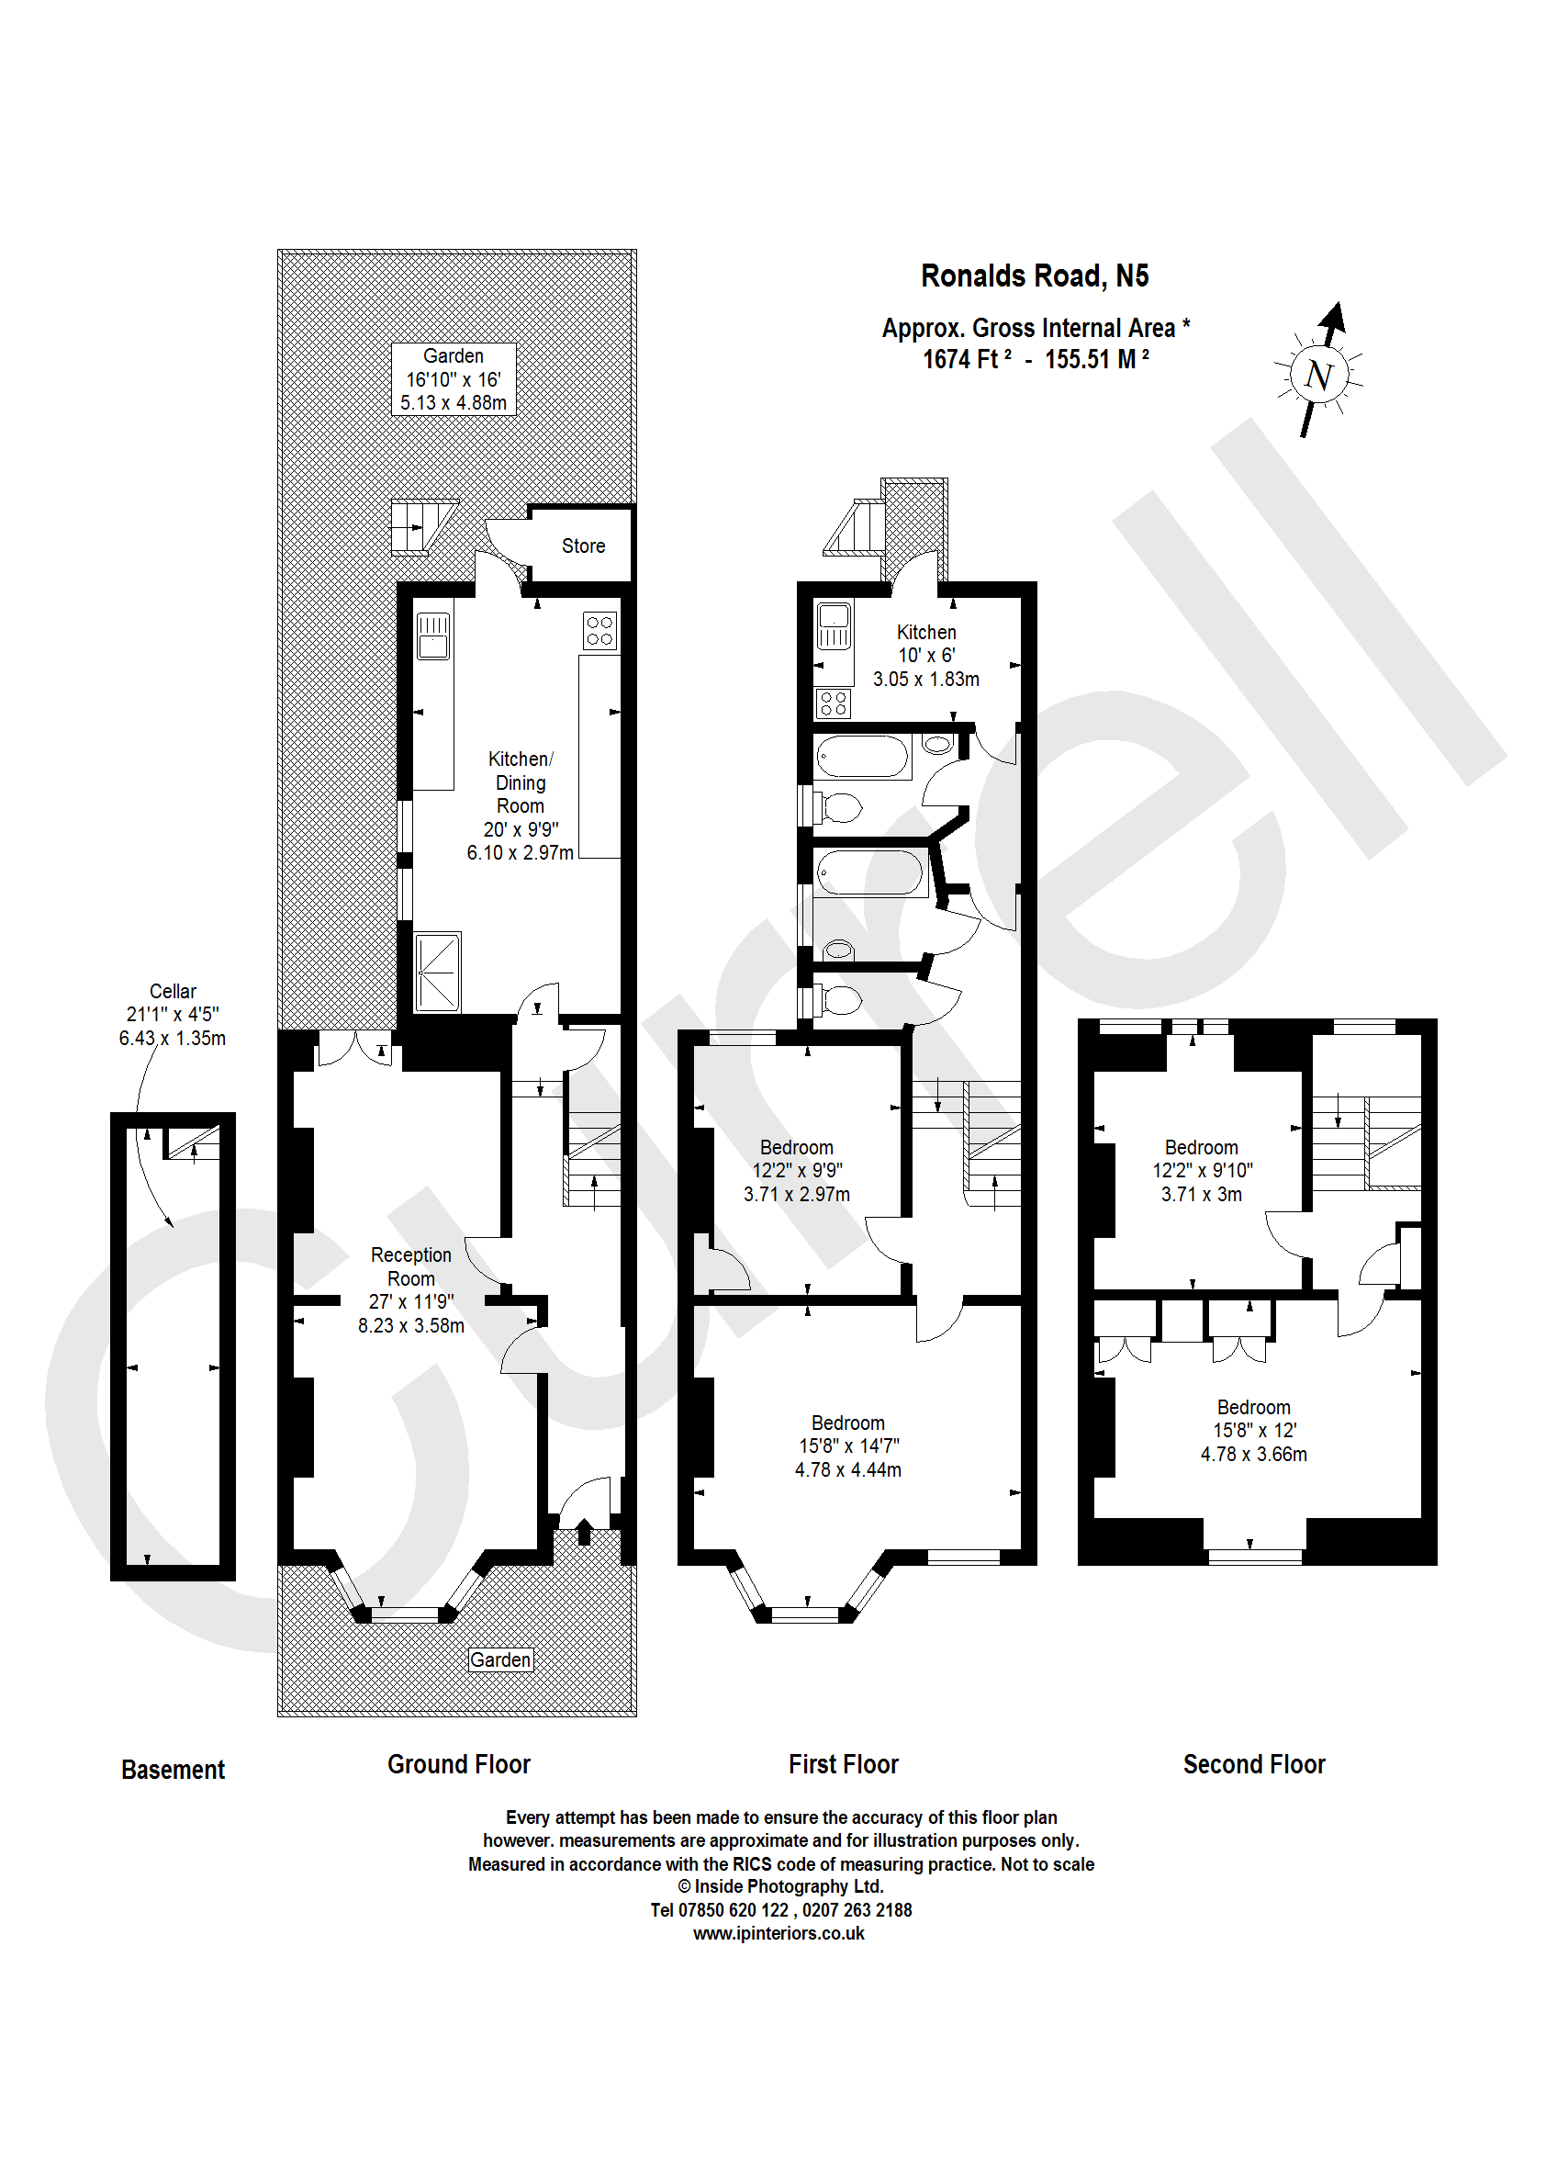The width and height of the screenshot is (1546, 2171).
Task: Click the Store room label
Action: click(583, 546)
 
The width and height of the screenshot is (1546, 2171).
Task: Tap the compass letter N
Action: click(1318, 376)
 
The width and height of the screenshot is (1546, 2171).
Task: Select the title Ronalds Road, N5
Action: click(1034, 276)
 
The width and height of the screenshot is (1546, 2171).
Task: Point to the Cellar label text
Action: click(173, 991)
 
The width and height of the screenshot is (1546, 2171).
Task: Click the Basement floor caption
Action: click(173, 1769)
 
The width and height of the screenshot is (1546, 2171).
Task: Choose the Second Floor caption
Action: click(1254, 1764)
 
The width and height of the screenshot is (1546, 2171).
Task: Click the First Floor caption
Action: click(843, 1764)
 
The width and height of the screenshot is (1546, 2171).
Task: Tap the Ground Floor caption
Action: click(458, 1764)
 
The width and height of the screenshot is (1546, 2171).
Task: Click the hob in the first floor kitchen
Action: click(833, 703)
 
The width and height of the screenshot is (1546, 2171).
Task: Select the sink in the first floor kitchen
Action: click(834, 625)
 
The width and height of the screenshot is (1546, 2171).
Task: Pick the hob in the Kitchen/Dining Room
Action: click(599, 630)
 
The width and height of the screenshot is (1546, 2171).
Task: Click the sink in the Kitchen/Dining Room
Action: click(432, 635)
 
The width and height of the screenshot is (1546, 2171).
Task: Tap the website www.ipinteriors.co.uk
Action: click(779, 1933)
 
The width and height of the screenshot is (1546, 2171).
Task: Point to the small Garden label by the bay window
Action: click(500, 1659)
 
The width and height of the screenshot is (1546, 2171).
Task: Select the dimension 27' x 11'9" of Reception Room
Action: click(411, 1301)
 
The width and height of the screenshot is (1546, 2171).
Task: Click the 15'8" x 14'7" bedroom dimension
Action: click(848, 1445)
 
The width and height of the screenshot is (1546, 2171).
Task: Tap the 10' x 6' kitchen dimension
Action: click(926, 655)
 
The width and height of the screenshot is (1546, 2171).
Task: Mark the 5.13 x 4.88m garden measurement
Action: click(454, 403)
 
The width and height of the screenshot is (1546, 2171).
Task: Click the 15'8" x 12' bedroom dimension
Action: click(1254, 1430)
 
